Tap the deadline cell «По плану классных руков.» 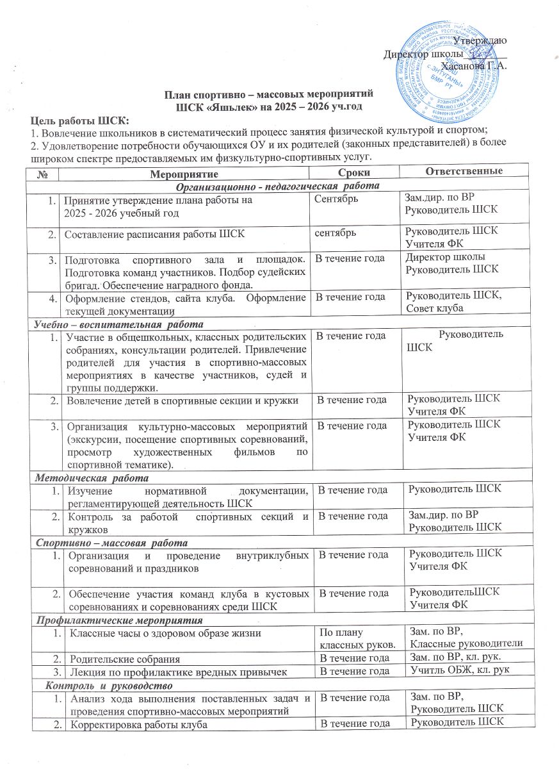352,639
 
